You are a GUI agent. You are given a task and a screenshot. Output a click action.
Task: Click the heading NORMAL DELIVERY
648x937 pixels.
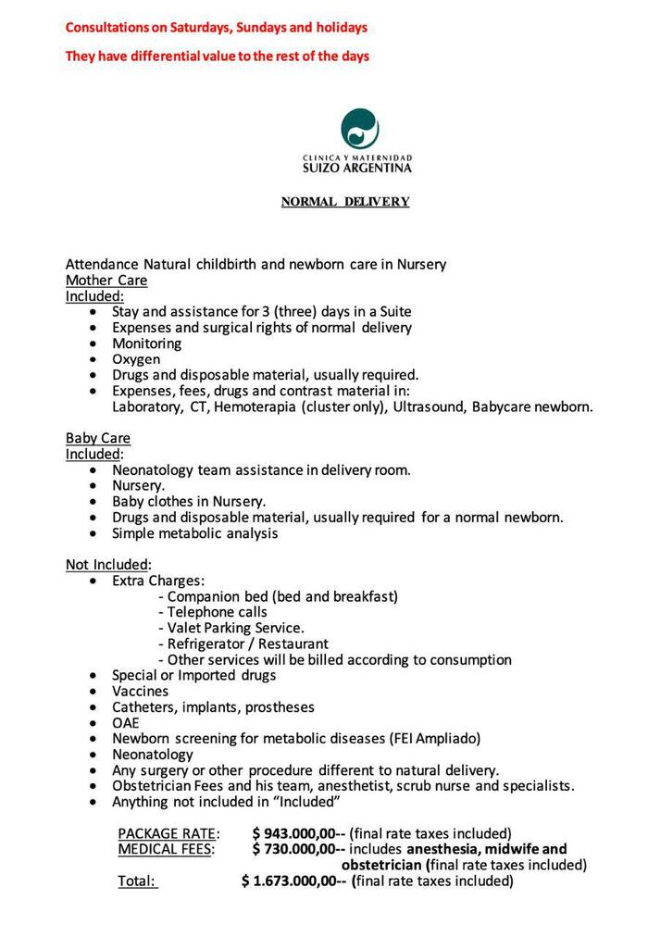click(345, 202)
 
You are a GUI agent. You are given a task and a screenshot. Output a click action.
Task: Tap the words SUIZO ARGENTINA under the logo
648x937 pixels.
click(357, 169)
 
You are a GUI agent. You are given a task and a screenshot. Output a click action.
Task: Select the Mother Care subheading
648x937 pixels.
click(106, 280)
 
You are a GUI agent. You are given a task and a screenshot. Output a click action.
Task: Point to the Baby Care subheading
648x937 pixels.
click(97, 438)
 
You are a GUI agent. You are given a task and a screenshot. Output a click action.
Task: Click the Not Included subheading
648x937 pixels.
click(106, 565)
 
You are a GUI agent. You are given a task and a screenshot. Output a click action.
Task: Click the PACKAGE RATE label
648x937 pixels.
click(168, 833)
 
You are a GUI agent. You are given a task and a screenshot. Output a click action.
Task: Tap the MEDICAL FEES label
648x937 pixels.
click(166, 849)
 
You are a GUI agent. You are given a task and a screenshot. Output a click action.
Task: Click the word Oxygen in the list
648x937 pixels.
click(136, 359)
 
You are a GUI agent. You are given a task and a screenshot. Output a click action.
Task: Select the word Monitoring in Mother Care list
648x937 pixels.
click(146, 344)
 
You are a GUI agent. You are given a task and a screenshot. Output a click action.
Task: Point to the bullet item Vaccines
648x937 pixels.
click(140, 691)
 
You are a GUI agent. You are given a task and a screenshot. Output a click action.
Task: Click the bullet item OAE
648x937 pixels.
click(126, 722)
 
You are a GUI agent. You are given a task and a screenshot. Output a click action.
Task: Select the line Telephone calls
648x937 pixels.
click(217, 612)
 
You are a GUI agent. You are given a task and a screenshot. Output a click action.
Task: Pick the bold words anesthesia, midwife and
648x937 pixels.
click(486, 849)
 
